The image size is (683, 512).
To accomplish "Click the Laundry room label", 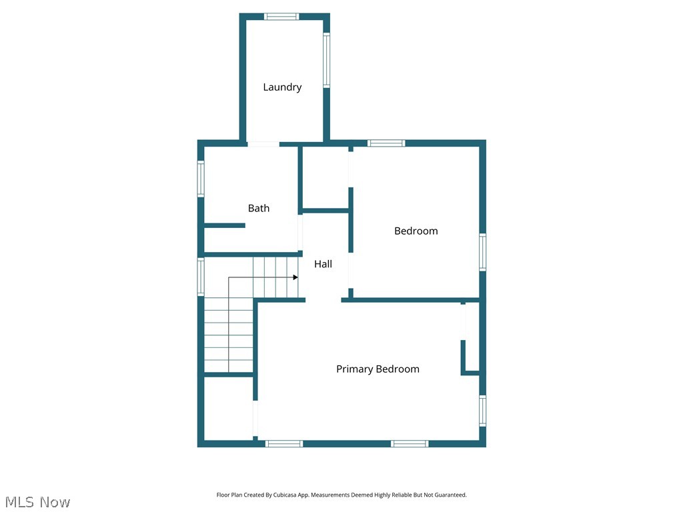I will (x=282, y=87).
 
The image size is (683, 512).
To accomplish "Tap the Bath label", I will (x=259, y=208).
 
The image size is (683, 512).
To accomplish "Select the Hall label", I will (x=323, y=264).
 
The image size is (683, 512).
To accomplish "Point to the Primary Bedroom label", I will (x=378, y=369).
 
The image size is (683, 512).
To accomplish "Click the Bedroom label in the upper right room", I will (x=416, y=231).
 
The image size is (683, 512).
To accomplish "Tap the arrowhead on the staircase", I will (x=295, y=277).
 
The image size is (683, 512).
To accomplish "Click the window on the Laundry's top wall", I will (x=281, y=17).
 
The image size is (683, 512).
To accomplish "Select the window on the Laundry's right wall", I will (x=326, y=61).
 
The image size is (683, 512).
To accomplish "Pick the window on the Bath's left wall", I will (x=200, y=179).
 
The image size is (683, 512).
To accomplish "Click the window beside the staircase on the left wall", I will (x=200, y=277).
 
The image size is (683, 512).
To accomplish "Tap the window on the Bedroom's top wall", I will (x=386, y=143).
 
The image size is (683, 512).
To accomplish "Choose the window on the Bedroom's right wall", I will (x=482, y=252).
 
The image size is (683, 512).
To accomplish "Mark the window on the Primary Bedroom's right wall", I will (x=482, y=410).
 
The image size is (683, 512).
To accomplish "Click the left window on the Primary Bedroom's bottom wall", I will (x=284, y=443).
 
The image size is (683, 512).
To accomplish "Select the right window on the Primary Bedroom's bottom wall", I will (x=410, y=443).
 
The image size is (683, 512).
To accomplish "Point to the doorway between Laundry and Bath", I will (x=263, y=143).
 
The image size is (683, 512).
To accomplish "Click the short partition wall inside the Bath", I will (x=224, y=225).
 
